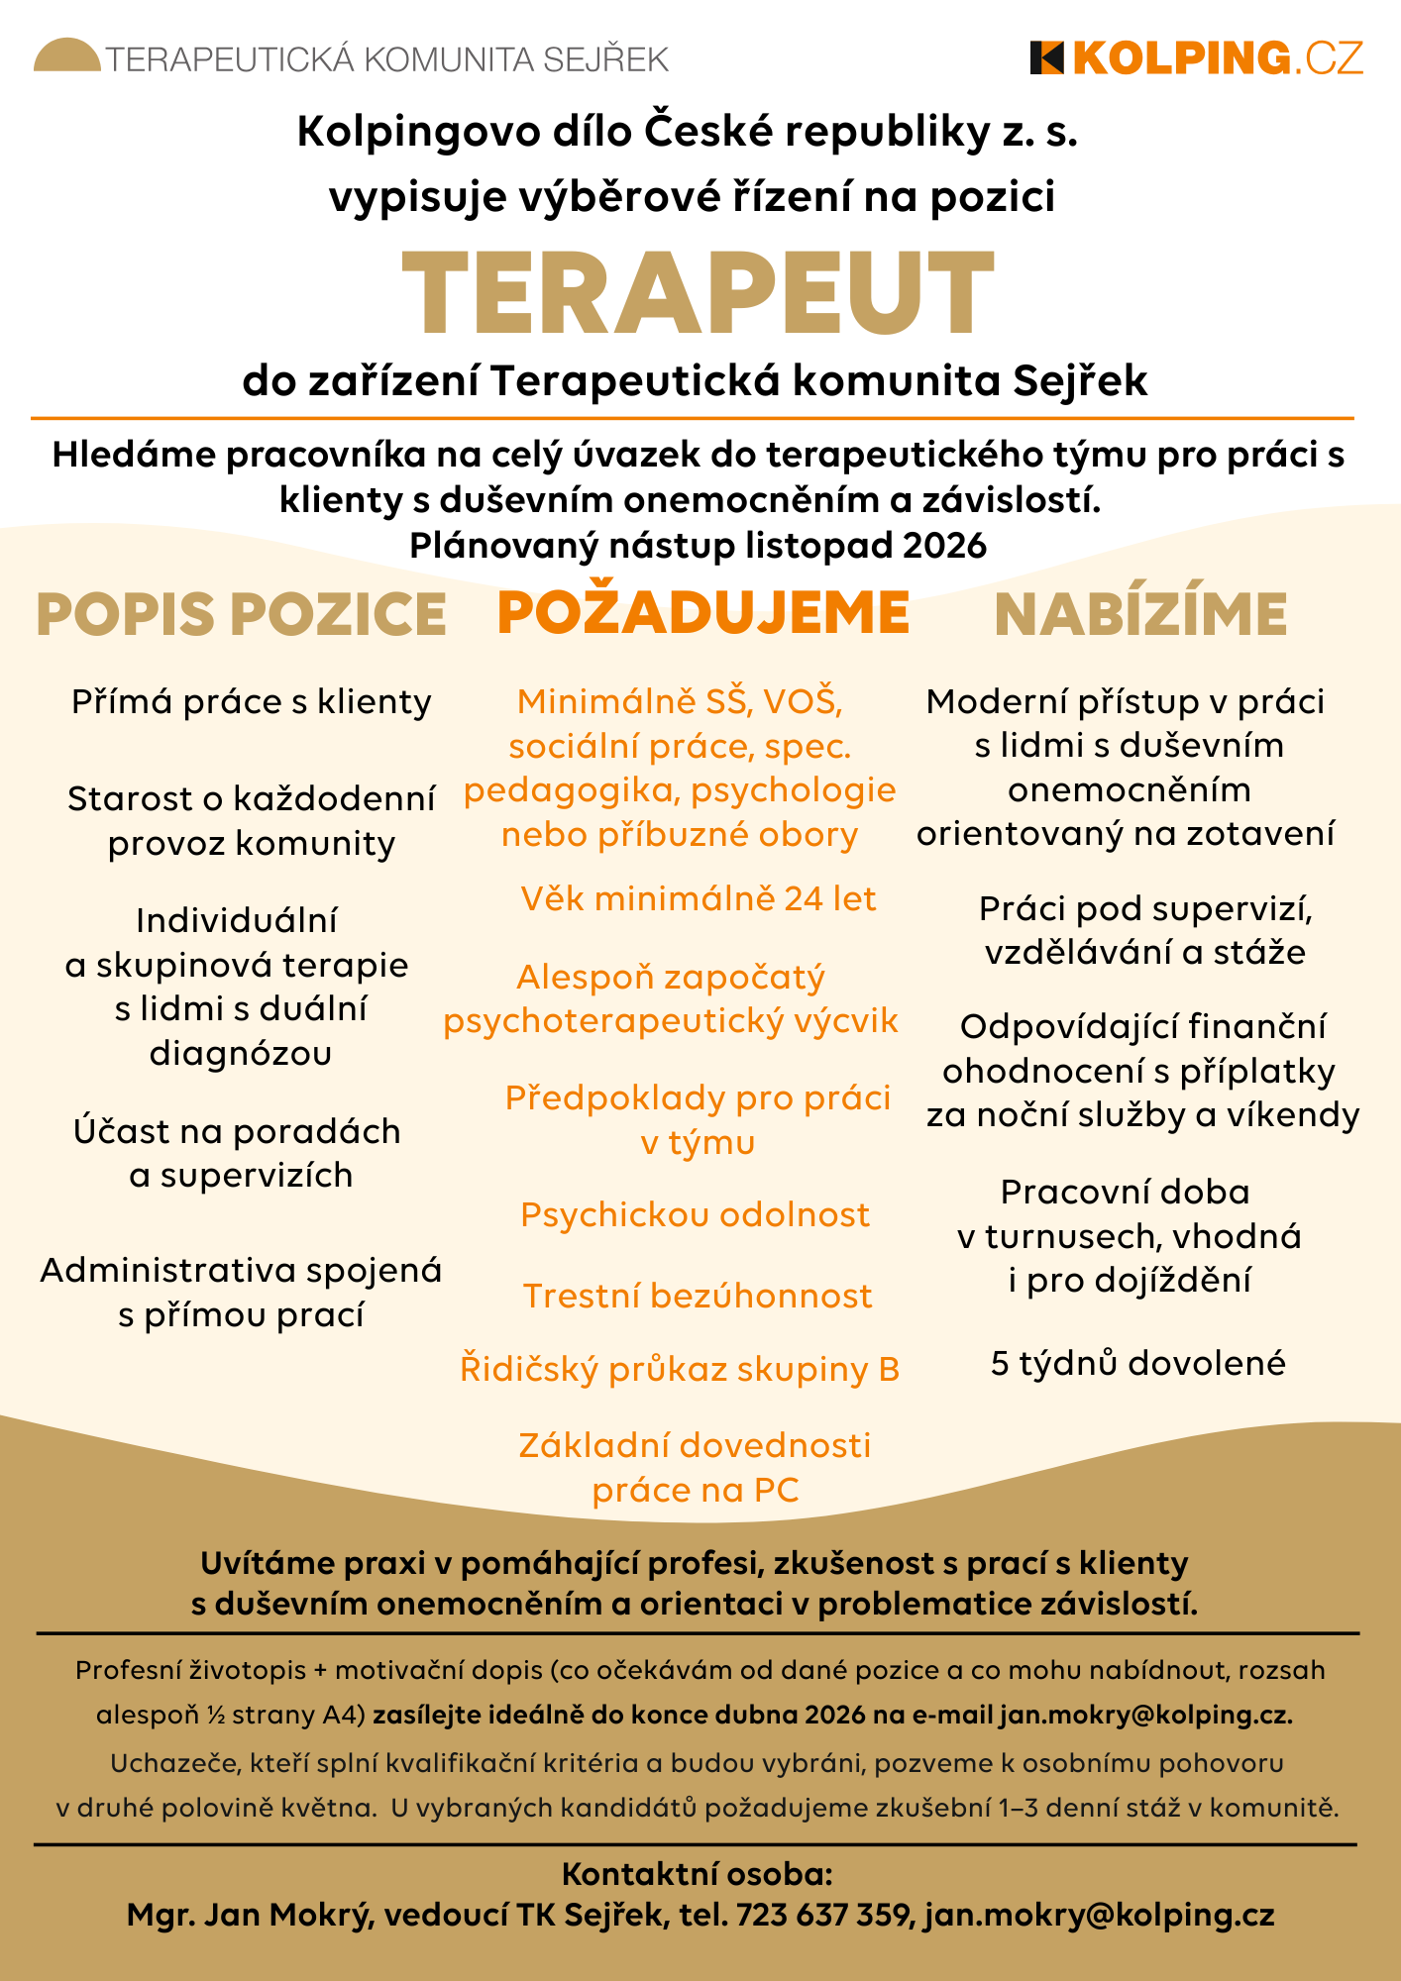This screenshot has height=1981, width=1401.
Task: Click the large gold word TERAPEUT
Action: (x=698, y=294)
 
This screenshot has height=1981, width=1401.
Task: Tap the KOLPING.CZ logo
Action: (x=1197, y=58)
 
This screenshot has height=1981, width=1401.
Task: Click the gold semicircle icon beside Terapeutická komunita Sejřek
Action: (x=66, y=55)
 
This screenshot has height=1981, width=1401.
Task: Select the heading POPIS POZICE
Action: (x=241, y=614)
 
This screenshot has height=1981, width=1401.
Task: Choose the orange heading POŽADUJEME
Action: (x=702, y=612)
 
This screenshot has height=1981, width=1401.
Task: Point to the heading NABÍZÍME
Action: (x=1140, y=614)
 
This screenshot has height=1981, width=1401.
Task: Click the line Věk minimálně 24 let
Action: (x=699, y=898)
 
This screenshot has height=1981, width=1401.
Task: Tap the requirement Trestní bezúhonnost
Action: (x=698, y=1296)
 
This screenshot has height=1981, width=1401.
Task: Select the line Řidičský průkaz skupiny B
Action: (x=680, y=1369)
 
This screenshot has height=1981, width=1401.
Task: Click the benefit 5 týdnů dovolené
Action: (x=1138, y=1363)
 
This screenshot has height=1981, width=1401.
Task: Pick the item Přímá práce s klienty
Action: (x=252, y=702)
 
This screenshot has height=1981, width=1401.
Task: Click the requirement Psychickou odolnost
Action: (x=695, y=1214)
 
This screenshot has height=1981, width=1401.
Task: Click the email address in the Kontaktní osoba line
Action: (x=1100, y=1916)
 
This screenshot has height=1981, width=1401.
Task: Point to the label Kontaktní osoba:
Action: (x=698, y=1874)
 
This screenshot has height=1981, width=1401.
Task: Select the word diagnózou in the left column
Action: (x=241, y=1053)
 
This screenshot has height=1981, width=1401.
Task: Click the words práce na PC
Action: (x=696, y=1490)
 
